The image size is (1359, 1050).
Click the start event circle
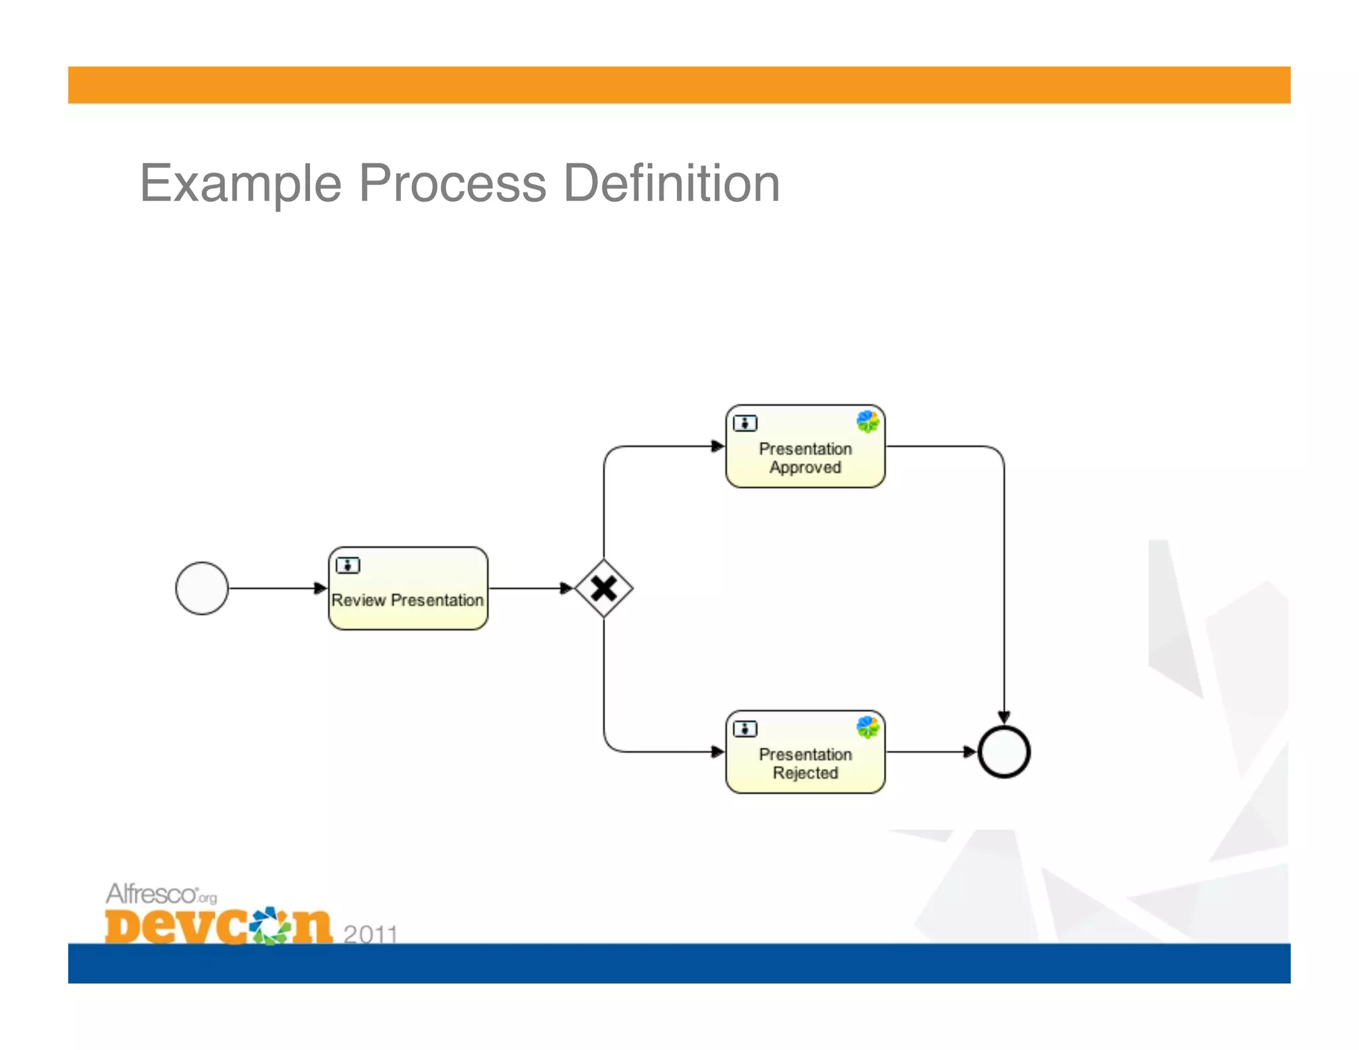tap(202, 588)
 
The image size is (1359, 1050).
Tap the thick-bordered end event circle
tap(1004, 751)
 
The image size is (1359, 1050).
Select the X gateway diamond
tap(603, 588)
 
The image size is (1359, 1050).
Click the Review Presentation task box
tap(408, 589)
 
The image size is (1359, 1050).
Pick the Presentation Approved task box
tap(805, 447)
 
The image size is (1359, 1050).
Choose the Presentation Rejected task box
tap(805, 752)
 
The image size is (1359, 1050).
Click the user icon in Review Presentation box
tap(348, 565)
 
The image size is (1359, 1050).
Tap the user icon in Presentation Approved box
tap(745, 423)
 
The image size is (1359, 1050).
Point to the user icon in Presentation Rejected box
tap(745, 729)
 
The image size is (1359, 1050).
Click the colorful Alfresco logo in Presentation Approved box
tap(867, 421)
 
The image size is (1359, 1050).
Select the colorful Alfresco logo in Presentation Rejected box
tap(867, 727)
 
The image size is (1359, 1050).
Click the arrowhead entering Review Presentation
tap(321, 588)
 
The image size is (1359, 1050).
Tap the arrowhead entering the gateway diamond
tap(566, 588)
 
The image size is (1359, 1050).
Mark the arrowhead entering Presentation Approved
tap(717, 446)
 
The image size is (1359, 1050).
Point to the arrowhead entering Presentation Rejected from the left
tap(717, 751)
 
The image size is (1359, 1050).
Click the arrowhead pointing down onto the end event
tap(1004, 717)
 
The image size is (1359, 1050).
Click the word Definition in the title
tap(671, 183)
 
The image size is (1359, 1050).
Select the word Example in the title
tap(240, 185)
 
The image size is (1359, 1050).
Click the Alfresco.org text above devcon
tap(161, 894)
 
